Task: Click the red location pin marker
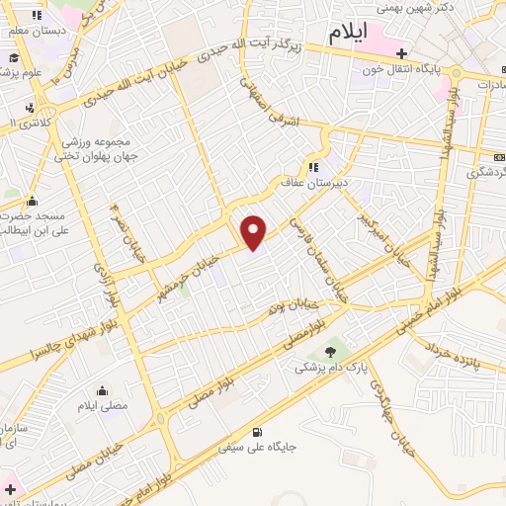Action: (x=254, y=231)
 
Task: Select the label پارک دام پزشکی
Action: (x=330, y=366)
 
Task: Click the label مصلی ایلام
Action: (x=104, y=406)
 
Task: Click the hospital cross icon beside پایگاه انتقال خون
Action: (x=400, y=53)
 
